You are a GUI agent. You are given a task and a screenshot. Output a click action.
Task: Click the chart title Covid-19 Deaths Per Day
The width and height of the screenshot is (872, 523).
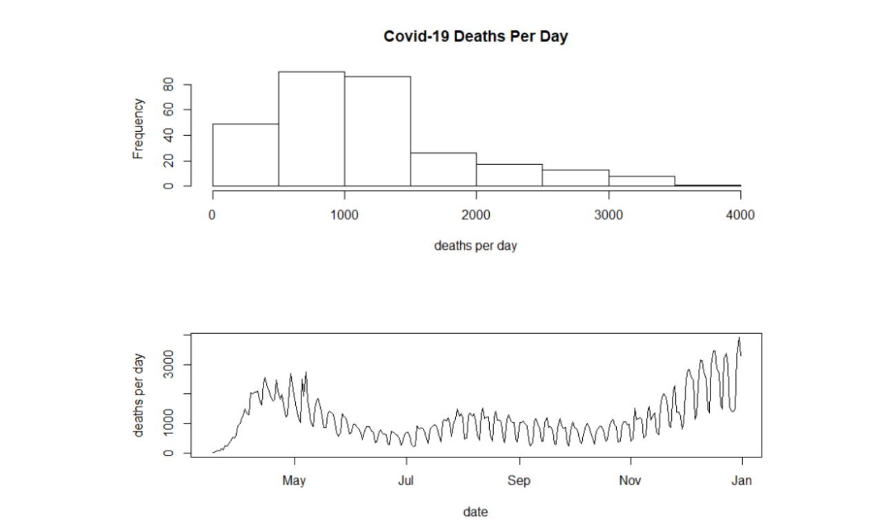point(475,37)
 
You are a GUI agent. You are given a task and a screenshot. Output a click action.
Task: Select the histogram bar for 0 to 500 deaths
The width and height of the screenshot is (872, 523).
point(245,155)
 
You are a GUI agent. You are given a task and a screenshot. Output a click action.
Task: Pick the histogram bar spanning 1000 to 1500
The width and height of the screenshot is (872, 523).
point(377,131)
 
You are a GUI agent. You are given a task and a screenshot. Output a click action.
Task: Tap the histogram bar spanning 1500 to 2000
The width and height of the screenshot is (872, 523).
point(443,170)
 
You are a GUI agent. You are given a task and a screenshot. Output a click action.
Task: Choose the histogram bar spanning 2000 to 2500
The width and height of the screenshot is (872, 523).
point(509,175)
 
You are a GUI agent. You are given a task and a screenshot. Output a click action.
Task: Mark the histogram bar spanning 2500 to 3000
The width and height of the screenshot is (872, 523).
point(575,178)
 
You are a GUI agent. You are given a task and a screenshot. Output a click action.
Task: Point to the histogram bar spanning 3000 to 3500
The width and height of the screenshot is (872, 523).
point(642,181)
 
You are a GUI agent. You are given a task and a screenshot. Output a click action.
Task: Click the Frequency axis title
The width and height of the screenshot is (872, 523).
point(139,129)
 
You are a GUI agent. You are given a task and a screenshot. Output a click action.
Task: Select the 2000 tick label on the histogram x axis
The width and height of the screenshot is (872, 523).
point(476,215)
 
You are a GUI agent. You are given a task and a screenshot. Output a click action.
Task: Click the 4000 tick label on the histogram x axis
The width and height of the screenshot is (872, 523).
point(740,215)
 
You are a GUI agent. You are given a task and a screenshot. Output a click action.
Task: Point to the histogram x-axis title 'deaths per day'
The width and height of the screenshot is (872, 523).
point(475,246)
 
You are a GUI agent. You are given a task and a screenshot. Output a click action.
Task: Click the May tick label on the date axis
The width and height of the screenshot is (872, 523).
point(295,481)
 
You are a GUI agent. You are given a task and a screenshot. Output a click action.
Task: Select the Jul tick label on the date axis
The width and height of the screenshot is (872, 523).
point(406,481)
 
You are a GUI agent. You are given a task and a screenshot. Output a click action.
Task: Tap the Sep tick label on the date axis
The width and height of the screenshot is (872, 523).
point(519,481)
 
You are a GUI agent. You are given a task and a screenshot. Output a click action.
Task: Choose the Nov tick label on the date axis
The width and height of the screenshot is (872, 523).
point(631,481)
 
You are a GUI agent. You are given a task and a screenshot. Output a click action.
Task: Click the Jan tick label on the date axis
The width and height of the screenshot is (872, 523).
point(742,481)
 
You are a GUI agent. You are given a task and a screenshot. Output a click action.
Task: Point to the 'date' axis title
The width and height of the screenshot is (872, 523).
point(475,512)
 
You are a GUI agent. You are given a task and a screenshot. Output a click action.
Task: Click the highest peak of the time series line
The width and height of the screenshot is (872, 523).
point(739,338)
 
